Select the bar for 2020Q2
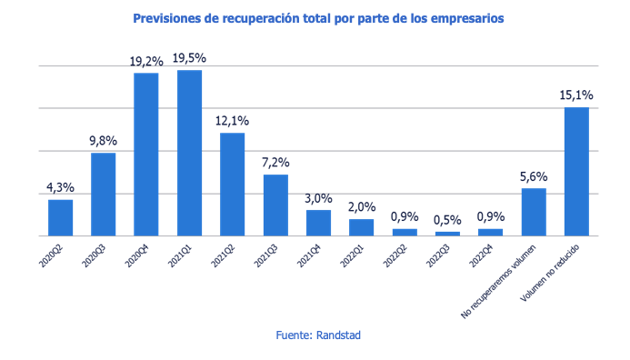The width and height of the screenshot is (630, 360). tap(60, 217)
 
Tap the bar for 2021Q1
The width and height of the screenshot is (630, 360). tap(189, 153)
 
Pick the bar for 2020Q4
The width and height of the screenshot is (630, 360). tap(146, 154)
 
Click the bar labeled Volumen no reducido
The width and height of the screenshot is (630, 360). tap(576, 171)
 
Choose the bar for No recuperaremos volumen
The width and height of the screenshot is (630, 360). tap(534, 212)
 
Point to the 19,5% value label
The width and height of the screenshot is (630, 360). tap(189, 58)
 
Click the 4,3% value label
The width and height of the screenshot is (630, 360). tap(60, 188)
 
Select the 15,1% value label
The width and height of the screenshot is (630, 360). tap(576, 95)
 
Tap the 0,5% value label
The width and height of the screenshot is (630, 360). tap(447, 220)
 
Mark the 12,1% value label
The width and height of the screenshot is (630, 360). tap(233, 121)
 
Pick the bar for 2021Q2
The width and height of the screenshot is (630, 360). tap(233, 184)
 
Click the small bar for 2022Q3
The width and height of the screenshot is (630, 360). tap(447, 233)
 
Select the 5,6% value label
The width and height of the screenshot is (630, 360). tap(534, 176)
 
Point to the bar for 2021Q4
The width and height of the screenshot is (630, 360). tap(318, 223)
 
